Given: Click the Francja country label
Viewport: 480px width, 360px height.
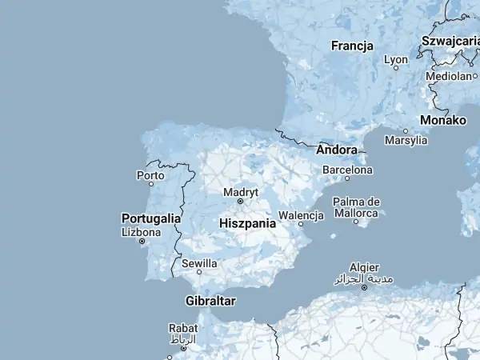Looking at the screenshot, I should click(x=352, y=46).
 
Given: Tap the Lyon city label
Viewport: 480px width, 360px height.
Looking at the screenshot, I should click(x=395, y=59).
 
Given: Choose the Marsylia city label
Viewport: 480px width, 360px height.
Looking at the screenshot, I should click(x=406, y=141).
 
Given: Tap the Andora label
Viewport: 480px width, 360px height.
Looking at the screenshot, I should click(x=337, y=150).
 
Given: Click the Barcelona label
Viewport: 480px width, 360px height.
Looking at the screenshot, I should click(x=347, y=170).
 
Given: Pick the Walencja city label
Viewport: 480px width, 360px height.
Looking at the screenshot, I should click(x=300, y=215).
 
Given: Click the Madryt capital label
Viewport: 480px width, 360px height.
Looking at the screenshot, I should click(x=241, y=192).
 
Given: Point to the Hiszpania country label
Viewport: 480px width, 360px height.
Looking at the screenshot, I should click(x=247, y=224).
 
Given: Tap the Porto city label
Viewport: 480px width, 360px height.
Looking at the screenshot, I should click(x=150, y=174).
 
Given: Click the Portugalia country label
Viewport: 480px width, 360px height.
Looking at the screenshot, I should click(x=150, y=218).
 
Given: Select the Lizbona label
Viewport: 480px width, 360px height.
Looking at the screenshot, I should click(x=141, y=232).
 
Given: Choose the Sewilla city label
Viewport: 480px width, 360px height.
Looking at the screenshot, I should click(x=199, y=262).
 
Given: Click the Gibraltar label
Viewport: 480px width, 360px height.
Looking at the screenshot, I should click(x=210, y=301).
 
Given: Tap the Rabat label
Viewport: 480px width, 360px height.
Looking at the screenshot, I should click(x=182, y=327).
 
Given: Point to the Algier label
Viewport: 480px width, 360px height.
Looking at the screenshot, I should click(x=364, y=267).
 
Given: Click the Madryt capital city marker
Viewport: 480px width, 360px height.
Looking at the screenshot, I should click(x=240, y=202).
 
